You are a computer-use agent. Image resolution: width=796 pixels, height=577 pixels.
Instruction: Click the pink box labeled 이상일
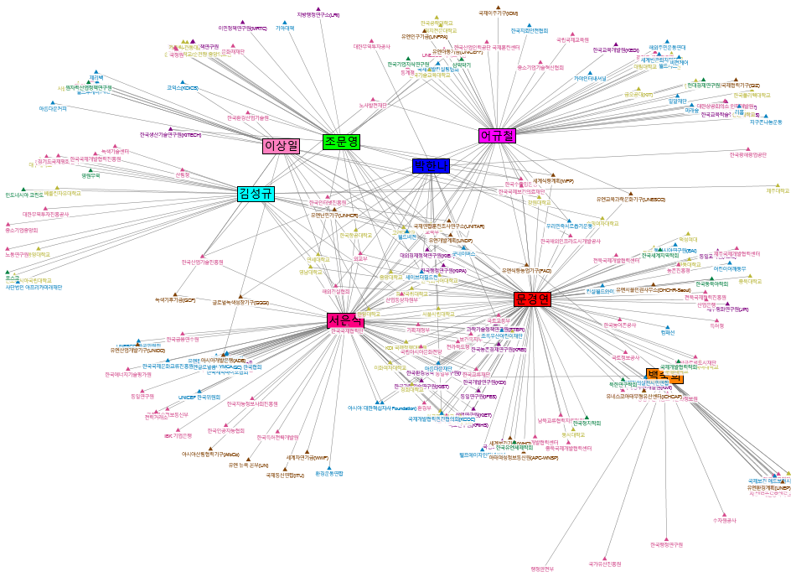click(x=281, y=146)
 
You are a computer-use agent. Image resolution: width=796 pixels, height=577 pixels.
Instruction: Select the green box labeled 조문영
click(x=342, y=141)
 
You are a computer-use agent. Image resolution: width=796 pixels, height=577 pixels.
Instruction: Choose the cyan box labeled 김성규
click(x=256, y=194)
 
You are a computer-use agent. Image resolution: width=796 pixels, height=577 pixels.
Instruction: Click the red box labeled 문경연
click(x=532, y=299)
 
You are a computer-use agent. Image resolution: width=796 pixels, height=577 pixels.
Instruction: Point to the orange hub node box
click(x=664, y=376)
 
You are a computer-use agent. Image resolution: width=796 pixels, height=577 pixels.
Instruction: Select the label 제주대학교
click(x=778, y=190)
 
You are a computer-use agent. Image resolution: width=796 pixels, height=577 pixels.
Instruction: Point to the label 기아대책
click(x=285, y=28)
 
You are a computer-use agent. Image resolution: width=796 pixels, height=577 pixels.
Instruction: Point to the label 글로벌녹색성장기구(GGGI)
click(x=240, y=302)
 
